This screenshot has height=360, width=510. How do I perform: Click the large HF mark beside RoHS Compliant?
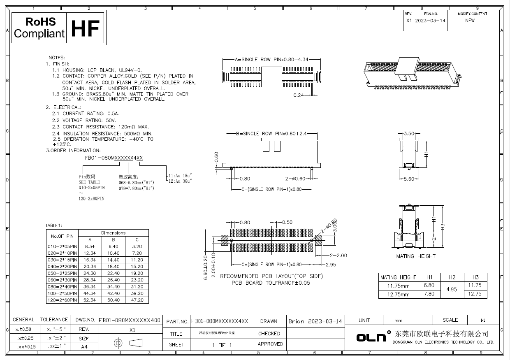(x=86, y=28)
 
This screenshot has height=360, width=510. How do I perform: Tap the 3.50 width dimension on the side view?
(x=409, y=134)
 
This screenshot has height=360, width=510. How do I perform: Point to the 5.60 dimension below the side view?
(x=409, y=179)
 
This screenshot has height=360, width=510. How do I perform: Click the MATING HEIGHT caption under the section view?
(x=416, y=256)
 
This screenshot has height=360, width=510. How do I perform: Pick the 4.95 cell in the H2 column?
(x=452, y=290)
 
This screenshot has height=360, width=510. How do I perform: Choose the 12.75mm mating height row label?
(x=398, y=294)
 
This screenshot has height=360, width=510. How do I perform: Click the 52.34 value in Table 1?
(x=90, y=300)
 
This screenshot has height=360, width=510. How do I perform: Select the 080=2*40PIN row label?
(x=62, y=287)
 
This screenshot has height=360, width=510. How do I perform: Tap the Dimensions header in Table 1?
(x=113, y=233)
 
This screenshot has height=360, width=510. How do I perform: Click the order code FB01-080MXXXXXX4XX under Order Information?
(x=114, y=158)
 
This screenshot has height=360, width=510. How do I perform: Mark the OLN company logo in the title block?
(x=371, y=338)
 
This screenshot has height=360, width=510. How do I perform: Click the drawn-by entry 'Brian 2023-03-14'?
(x=315, y=321)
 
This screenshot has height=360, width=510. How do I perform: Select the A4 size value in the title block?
(x=84, y=347)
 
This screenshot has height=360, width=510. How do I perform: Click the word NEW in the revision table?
(x=470, y=21)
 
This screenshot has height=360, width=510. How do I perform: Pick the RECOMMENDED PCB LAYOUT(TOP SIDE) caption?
(x=271, y=276)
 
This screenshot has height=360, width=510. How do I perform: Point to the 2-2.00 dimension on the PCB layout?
(x=338, y=255)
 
